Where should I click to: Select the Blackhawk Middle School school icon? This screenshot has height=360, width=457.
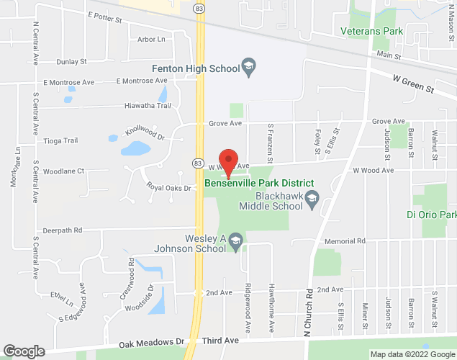(x=312, y=198)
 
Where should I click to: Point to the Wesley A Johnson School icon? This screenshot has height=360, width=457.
(x=236, y=244)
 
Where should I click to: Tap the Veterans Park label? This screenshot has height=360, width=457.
(x=372, y=32)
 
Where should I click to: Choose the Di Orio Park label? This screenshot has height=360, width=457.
(x=432, y=215)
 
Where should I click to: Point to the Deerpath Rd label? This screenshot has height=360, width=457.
(x=63, y=230)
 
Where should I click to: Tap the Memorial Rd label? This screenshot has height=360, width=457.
(x=345, y=240)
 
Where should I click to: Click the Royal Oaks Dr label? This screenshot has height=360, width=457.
(x=168, y=188)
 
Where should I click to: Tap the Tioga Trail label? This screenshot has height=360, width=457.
(x=60, y=140)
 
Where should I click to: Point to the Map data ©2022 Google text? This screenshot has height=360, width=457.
(x=412, y=354)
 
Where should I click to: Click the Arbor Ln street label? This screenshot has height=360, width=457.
(x=150, y=39)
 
